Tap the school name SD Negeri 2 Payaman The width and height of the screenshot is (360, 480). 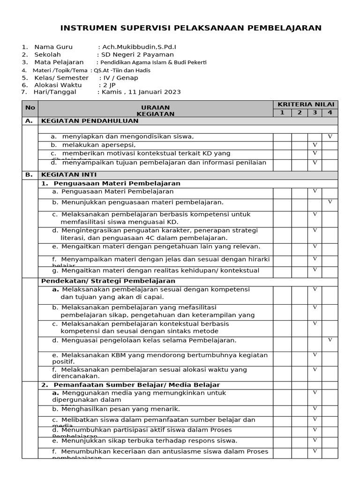137,54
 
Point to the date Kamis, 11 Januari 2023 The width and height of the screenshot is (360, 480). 141,92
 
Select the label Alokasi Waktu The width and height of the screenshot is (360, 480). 58,85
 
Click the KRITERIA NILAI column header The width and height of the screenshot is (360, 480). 305,104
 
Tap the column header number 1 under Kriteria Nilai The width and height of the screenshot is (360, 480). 282,112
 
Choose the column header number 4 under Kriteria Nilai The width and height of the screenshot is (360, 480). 330,112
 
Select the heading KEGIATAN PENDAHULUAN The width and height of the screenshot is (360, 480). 90,120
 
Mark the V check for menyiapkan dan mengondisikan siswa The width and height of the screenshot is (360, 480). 330,136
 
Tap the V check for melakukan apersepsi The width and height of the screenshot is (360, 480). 315,145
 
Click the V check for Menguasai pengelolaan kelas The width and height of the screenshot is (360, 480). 330,339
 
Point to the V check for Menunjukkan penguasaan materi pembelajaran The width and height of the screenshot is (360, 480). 330,202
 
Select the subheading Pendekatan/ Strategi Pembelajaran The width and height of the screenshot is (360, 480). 108,281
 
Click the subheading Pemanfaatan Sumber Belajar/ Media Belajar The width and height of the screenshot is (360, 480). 130,384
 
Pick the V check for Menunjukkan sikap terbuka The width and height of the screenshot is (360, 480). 315,440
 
